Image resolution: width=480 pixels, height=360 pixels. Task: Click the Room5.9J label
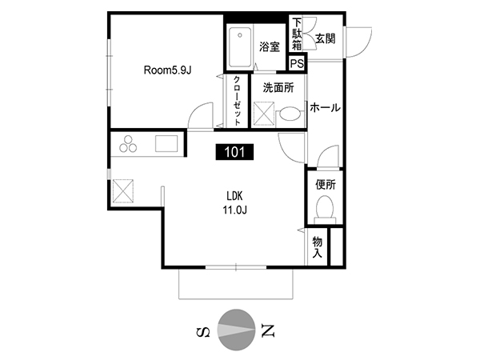tap(167, 70)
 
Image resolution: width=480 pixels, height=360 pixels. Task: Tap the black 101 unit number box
tap(234, 152)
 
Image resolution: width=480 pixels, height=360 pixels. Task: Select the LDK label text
tap(234, 195)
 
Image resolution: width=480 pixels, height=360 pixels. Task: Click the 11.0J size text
tap(234, 210)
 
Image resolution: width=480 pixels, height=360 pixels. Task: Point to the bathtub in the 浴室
tap(240, 47)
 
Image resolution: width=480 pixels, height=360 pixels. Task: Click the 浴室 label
tap(270, 46)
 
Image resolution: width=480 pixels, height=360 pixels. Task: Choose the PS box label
tap(297, 63)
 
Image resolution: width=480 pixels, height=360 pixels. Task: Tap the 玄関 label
tap(325, 38)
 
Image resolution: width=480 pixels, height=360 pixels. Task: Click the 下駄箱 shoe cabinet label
tap(297, 34)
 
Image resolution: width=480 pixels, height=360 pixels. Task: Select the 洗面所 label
tap(278, 87)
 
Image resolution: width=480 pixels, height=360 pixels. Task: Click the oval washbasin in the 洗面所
tap(290, 114)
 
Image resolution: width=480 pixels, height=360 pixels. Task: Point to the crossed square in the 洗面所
tap(263, 114)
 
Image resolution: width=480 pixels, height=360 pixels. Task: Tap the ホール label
tap(325, 108)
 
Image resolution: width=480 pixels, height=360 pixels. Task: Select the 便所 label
tap(326, 185)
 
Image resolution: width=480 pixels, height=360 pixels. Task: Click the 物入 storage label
tap(318, 247)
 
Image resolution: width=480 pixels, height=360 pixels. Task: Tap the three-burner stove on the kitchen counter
tap(128, 143)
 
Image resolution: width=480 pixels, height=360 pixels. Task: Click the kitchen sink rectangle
tap(166, 143)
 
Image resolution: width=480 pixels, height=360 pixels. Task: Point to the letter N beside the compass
tap(267, 330)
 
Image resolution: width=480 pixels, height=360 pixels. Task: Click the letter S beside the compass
tap(203, 331)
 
